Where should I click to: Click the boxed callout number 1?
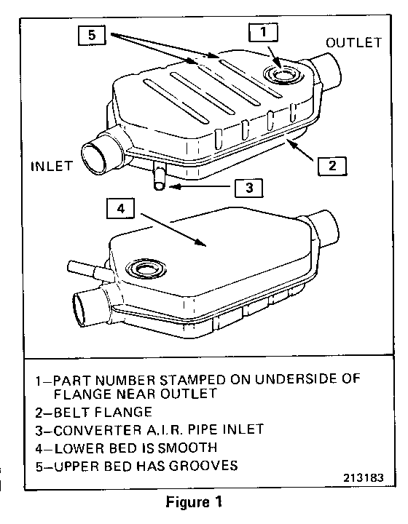point(263,33)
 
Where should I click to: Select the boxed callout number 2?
point(332,166)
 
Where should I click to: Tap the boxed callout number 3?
point(249,188)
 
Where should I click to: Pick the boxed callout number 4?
point(121,209)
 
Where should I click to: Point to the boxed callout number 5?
point(92,35)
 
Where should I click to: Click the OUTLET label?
point(354,43)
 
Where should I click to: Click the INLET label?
point(52,166)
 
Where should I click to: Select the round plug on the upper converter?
point(283,74)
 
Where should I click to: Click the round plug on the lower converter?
point(146,269)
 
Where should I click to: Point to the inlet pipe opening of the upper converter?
point(95,156)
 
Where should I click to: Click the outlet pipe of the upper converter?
point(326,71)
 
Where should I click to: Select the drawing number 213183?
point(364,477)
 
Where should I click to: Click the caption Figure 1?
point(194,502)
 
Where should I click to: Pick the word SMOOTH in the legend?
point(187,448)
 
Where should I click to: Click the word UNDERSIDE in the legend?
point(295,379)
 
